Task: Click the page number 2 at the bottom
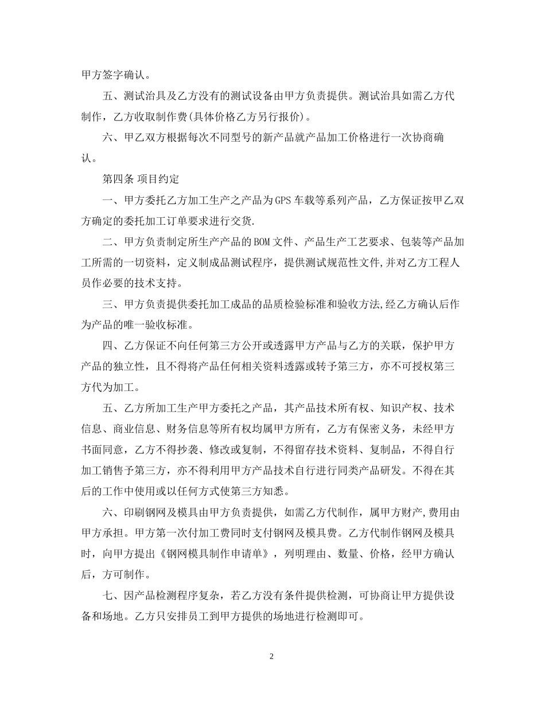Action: [x=272, y=656]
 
